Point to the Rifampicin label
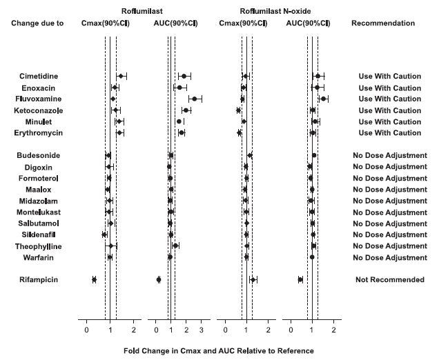click(x=37, y=279)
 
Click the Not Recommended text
click(x=389, y=279)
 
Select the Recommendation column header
click(x=383, y=23)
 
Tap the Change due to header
click(x=37, y=23)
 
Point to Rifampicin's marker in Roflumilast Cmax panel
click(x=94, y=279)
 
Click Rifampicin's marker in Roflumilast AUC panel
click(x=159, y=279)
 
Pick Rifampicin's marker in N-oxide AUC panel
click(x=300, y=279)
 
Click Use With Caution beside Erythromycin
click(x=389, y=132)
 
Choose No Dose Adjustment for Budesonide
click(x=389, y=155)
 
